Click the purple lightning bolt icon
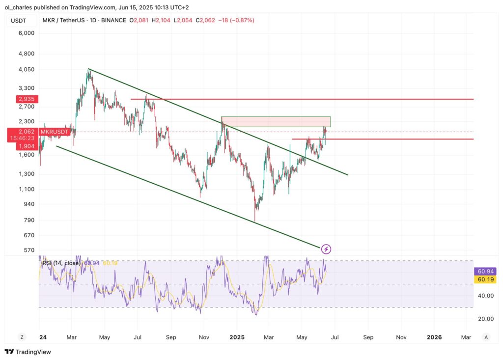point(326,249)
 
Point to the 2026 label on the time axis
point(434,337)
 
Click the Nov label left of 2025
point(204,337)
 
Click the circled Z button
point(22,337)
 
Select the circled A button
point(486,337)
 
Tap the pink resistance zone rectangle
point(276,121)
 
